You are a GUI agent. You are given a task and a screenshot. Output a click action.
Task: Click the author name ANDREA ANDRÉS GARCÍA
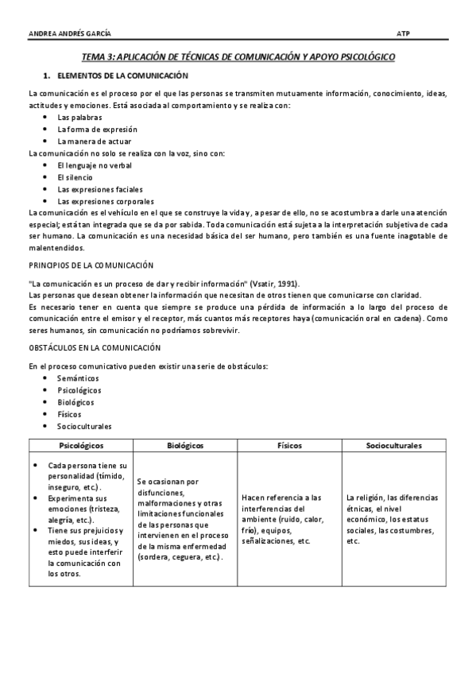tap(69, 33)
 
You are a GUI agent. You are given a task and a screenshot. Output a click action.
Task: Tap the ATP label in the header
tap(402, 33)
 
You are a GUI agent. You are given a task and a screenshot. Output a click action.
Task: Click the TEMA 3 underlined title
tap(238, 58)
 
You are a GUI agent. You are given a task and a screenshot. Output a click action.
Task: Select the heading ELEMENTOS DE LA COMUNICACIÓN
tap(122, 76)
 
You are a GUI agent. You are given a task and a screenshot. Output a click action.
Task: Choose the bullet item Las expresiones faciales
tap(95, 189)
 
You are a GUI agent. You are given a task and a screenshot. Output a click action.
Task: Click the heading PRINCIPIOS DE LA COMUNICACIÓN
tap(91, 264)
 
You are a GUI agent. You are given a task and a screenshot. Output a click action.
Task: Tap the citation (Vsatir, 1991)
tap(274, 284)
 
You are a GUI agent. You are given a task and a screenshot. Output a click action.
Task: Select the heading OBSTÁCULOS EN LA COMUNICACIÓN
tap(95, 347)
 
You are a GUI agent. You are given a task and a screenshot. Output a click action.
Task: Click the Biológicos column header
tap(186, 446)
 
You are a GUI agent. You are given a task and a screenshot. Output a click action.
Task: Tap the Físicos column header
tap(289, 446)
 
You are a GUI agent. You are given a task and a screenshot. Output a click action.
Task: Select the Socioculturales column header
tap(393, 446)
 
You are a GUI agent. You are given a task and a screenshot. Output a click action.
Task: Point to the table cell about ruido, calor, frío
tap(289, 519)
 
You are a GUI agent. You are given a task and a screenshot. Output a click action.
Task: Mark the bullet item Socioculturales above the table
tap(84, 426)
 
